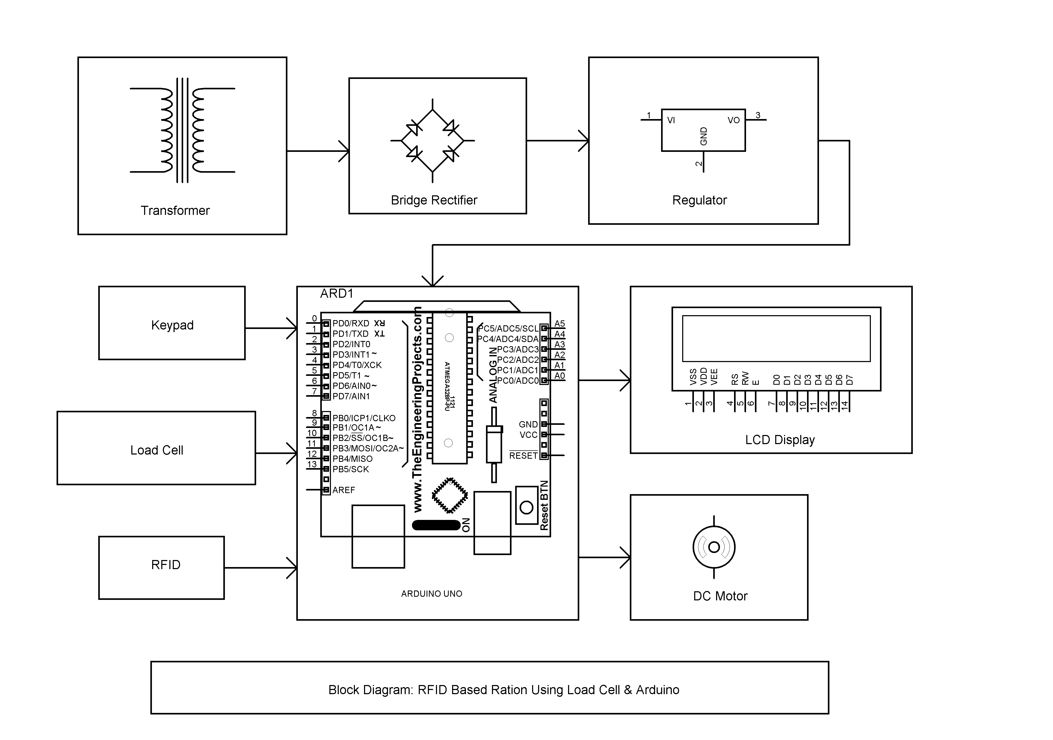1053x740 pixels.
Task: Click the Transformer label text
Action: [x=175, y=210]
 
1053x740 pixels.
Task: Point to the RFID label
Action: [x=165, y=565]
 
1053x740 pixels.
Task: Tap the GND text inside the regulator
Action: [x=704, y=136]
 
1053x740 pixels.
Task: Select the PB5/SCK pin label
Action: [x=350, y=469]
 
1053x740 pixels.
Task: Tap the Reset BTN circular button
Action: [x=526, y=507]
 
